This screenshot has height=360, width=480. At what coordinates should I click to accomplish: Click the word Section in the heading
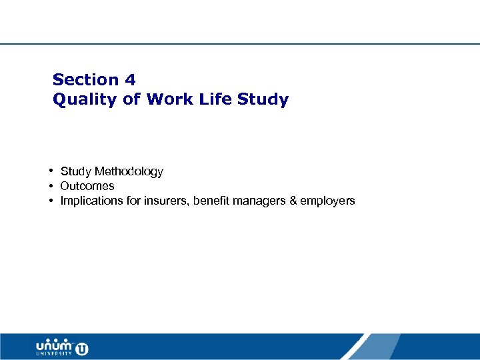pos(85,80)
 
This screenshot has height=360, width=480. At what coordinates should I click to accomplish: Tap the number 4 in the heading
pos(130,80)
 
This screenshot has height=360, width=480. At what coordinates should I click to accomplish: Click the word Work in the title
pos(167,100)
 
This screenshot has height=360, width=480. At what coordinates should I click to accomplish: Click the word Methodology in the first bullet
pos(129,172)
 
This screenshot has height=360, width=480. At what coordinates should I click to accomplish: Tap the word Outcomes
pos(87,186)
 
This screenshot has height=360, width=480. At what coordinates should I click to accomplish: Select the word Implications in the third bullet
pos(90,201)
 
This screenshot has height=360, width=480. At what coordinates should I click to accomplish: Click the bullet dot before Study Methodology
pos(51,171)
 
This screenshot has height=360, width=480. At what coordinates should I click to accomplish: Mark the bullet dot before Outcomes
pos(51,186)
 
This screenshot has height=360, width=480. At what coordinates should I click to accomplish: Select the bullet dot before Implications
pos(51,201)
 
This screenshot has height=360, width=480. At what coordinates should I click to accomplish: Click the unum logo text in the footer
pos(55,346)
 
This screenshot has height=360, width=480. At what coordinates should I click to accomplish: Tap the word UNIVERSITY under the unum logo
pos(55,355)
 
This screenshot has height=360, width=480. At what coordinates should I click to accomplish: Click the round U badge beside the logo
pos(82,348)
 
